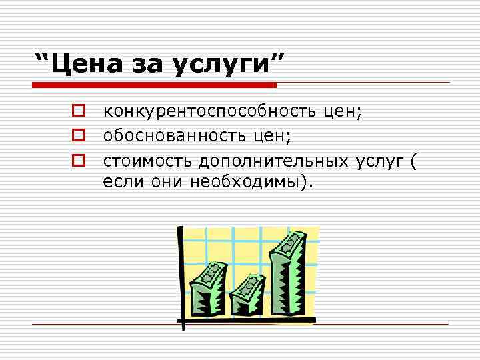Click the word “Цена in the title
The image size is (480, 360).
(x=81, y=65)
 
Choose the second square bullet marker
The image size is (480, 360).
(x=77, y=135)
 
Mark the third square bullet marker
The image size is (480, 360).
(x=77, y=160)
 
